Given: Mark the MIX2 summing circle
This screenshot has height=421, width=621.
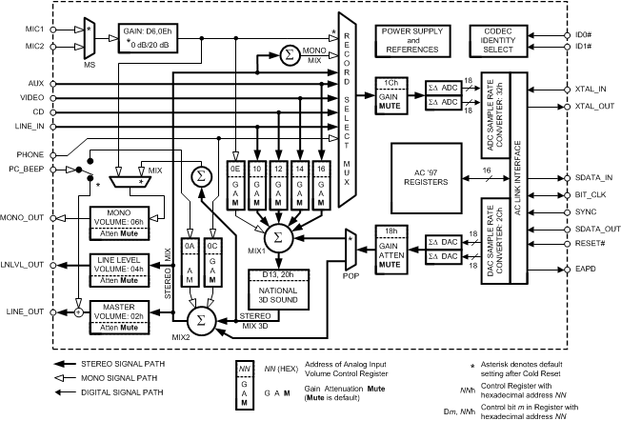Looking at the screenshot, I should (x=199, y=314).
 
